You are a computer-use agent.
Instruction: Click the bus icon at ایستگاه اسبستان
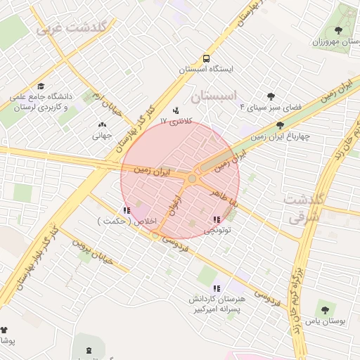click(x=206, y=58)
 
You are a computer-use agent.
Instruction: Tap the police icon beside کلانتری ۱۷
click(x=176, y=110)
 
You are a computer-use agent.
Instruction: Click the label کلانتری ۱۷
click(x=176, y=122)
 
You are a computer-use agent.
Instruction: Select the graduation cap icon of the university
click(x=40, y=86)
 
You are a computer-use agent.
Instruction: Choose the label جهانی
click(x=102, y=136)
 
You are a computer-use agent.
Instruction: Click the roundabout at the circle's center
click(x=192, y=179)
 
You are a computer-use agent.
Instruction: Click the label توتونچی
click(x=218, y=230)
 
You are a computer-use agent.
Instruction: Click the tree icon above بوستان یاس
click(x=324, y=310)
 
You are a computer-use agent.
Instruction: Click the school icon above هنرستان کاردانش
click(x=216, y=288)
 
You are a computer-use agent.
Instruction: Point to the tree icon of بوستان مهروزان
click(x=340, y=31)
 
